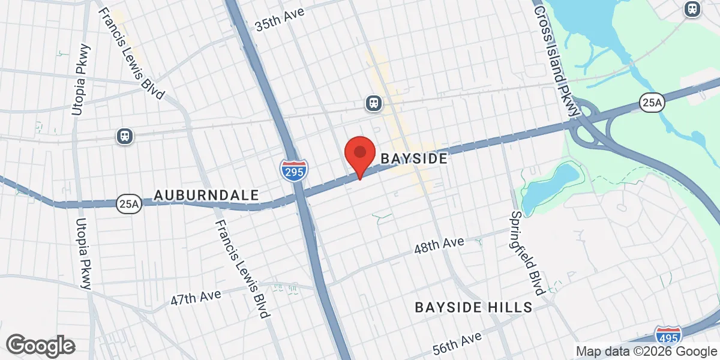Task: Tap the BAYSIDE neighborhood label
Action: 414,159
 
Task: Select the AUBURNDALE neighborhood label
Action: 206,195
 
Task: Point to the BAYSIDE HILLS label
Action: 473,307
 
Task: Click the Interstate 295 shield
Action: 293,170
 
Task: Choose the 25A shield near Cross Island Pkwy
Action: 651,103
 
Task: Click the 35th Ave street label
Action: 279,18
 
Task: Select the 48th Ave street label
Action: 439,246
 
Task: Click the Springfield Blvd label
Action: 526,252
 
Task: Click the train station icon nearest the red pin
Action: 374,104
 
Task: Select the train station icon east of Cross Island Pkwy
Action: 692,8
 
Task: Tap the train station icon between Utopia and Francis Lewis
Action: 125,136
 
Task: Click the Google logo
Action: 40,345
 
